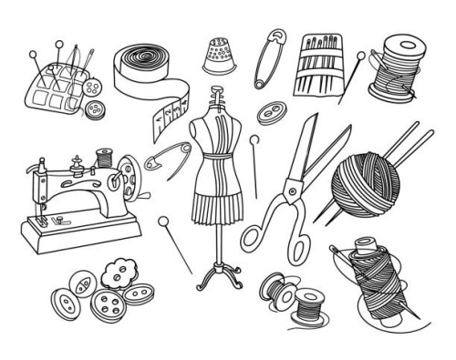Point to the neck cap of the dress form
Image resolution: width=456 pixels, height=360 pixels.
click(217, 93)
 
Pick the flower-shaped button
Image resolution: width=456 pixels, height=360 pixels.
click(116, 273)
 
